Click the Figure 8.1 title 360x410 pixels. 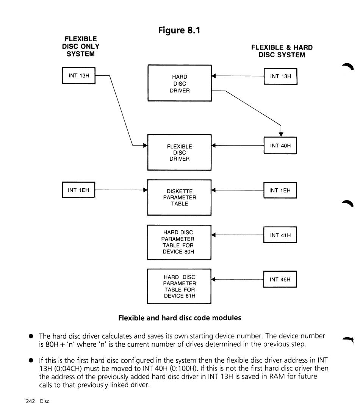tap(179, 30)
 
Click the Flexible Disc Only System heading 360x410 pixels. tap(80, 47)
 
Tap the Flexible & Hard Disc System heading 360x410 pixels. tap(282, 51)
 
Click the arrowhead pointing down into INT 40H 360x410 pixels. tap(281, 135)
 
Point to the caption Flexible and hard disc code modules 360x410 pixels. tap(180, 318)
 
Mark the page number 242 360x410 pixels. tap(30, 401)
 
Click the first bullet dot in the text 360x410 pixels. tap(31, 336)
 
